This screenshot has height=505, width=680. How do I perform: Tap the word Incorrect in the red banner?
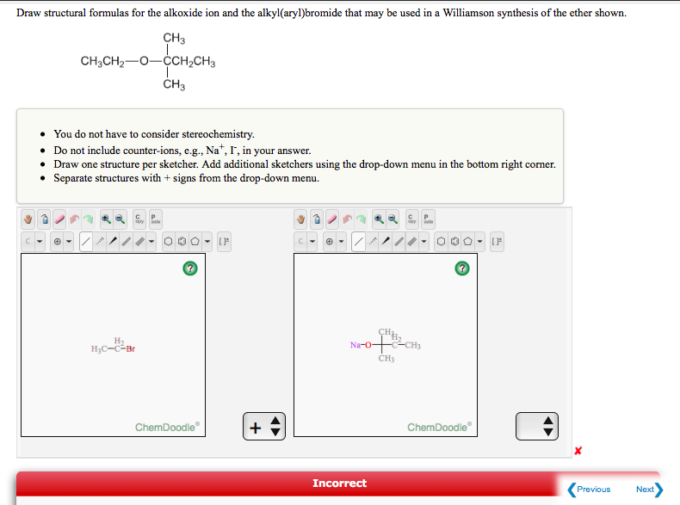339,483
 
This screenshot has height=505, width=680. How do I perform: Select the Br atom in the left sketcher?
129,348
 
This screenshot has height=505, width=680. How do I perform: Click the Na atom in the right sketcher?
355,345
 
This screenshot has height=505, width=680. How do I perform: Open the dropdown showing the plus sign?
264,426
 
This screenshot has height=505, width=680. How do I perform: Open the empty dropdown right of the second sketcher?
537,426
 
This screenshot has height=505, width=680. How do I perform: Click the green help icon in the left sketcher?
189,269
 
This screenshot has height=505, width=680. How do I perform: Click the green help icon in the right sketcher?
461,269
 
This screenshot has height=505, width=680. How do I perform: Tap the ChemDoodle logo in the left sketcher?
168,428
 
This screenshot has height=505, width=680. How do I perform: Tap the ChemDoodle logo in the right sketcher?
440,428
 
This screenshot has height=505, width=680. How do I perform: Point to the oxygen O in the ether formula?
143,62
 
